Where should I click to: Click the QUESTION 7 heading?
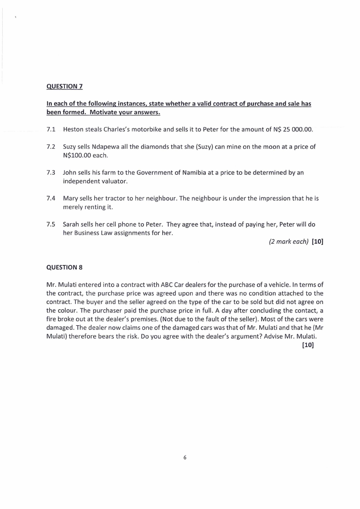pyautogui.click(x=64, y=86)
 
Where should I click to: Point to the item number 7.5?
pyautogui.click(x=51, y=225)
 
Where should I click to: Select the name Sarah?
pyautogui.click(x=72, y=225)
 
